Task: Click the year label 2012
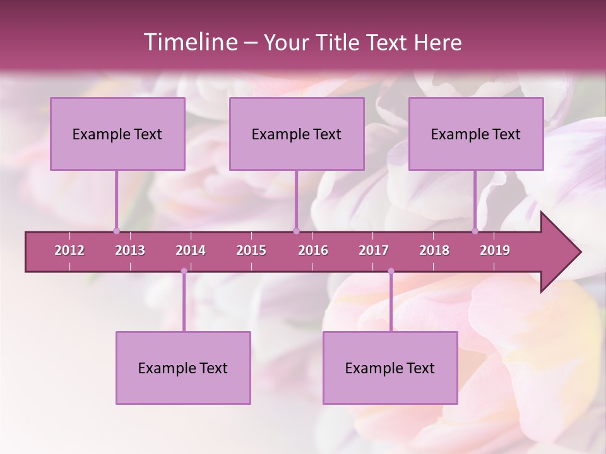pyautogui.click(x=69, y=250)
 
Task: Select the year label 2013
pyautogui.click(x=130, y=250)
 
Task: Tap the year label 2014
pyautogui.click(x=191, y=250)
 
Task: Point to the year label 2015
pyautogui.click(x=251, y=250)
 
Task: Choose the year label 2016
pyautogui.click(x=313, y=250)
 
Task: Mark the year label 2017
pyautogui.click(x=374, y=250)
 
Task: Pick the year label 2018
pyautogui.click(x=434, y=250)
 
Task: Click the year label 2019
pyautogui.click(x=495, y=250)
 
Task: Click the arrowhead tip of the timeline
pyautogui.click(x=579, y=252)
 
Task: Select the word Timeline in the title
pyautogui.click(x=190, y=42)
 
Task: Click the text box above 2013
pyautogui.click(x=117, y=134)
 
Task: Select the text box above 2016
pyautogui.click(x=297, y=134)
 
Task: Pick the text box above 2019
pyautogui.click(x=476, y=134)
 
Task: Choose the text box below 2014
pyautogui.click(x=183, y=368)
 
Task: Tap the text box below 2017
pyautogui.click(x=390, y=368)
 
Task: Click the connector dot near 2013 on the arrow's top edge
pyautogui.click(x=116, y=231)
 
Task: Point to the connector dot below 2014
pyautogui.click(x=184, y=271)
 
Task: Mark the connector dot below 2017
pyautogui.click(x=391, y=271)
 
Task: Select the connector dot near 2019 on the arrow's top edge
pyautogui.click(x=475, y=231)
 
